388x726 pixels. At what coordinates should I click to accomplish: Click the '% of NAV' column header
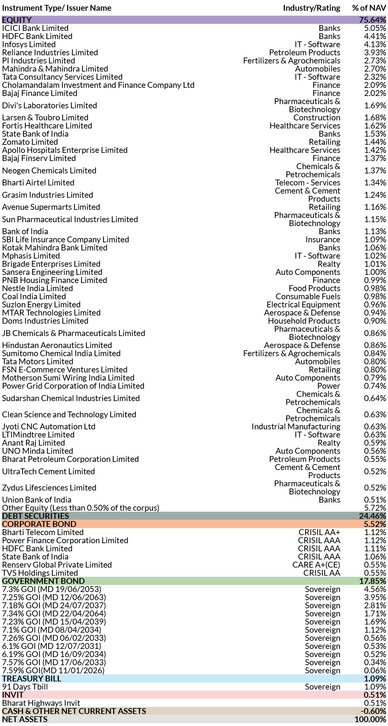click(369, 8)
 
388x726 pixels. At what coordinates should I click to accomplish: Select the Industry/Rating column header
click(312, 8)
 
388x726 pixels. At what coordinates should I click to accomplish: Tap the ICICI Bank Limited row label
click(35, 28)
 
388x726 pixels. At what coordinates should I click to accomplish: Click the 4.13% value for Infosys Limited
click(375, 45)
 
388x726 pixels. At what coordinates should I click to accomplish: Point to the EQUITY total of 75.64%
click(372, 20)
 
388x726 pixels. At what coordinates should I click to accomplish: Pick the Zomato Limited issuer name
click(30, 142)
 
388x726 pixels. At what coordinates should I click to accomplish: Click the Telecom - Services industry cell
click(308, 183)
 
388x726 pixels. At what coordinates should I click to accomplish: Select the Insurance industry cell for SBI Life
click(323, 240)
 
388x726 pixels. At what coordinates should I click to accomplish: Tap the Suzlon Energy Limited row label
click(41, 305)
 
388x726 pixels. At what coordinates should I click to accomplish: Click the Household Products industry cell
click(304, 321)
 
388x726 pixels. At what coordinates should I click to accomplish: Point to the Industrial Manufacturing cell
click(296, 427)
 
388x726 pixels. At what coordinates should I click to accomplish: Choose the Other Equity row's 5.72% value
click(375, 508)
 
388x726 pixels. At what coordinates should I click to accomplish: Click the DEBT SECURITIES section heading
click(35, 516)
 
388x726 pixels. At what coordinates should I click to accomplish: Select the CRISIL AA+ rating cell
click(319, 532)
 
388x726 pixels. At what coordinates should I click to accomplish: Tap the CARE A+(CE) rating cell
click(316, 565)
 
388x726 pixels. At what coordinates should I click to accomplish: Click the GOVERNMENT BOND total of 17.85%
click(372, 581)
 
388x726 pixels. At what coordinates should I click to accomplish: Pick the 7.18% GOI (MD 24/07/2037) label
click(54, 606)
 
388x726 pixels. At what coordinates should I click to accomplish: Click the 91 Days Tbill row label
click(25, 687)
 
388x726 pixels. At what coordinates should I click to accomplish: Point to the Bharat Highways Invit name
click(41, 703)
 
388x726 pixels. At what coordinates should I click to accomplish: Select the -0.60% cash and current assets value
click(373, 711)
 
